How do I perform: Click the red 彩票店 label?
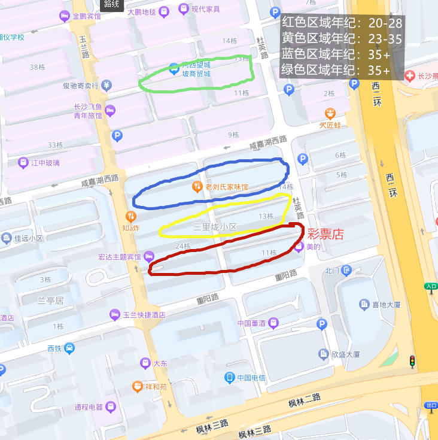pos(326,233)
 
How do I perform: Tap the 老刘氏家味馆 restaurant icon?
pos(197,187)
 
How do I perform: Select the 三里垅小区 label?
pos(215,227)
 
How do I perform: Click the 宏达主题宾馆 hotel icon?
pos(148,257)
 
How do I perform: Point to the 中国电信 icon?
pos(229,377)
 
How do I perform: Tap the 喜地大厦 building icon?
pos(364,305)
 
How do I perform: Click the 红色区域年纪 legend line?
pos(342,23)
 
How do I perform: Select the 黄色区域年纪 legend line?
pos(342,39)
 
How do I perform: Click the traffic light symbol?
pos(412,362)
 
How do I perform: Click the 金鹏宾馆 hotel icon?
pos(65,16)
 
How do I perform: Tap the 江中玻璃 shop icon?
pos(23,162)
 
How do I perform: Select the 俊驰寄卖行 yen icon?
pos(107,85)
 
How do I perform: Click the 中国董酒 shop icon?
pos(273,323)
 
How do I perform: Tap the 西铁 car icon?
pos(69,348)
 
